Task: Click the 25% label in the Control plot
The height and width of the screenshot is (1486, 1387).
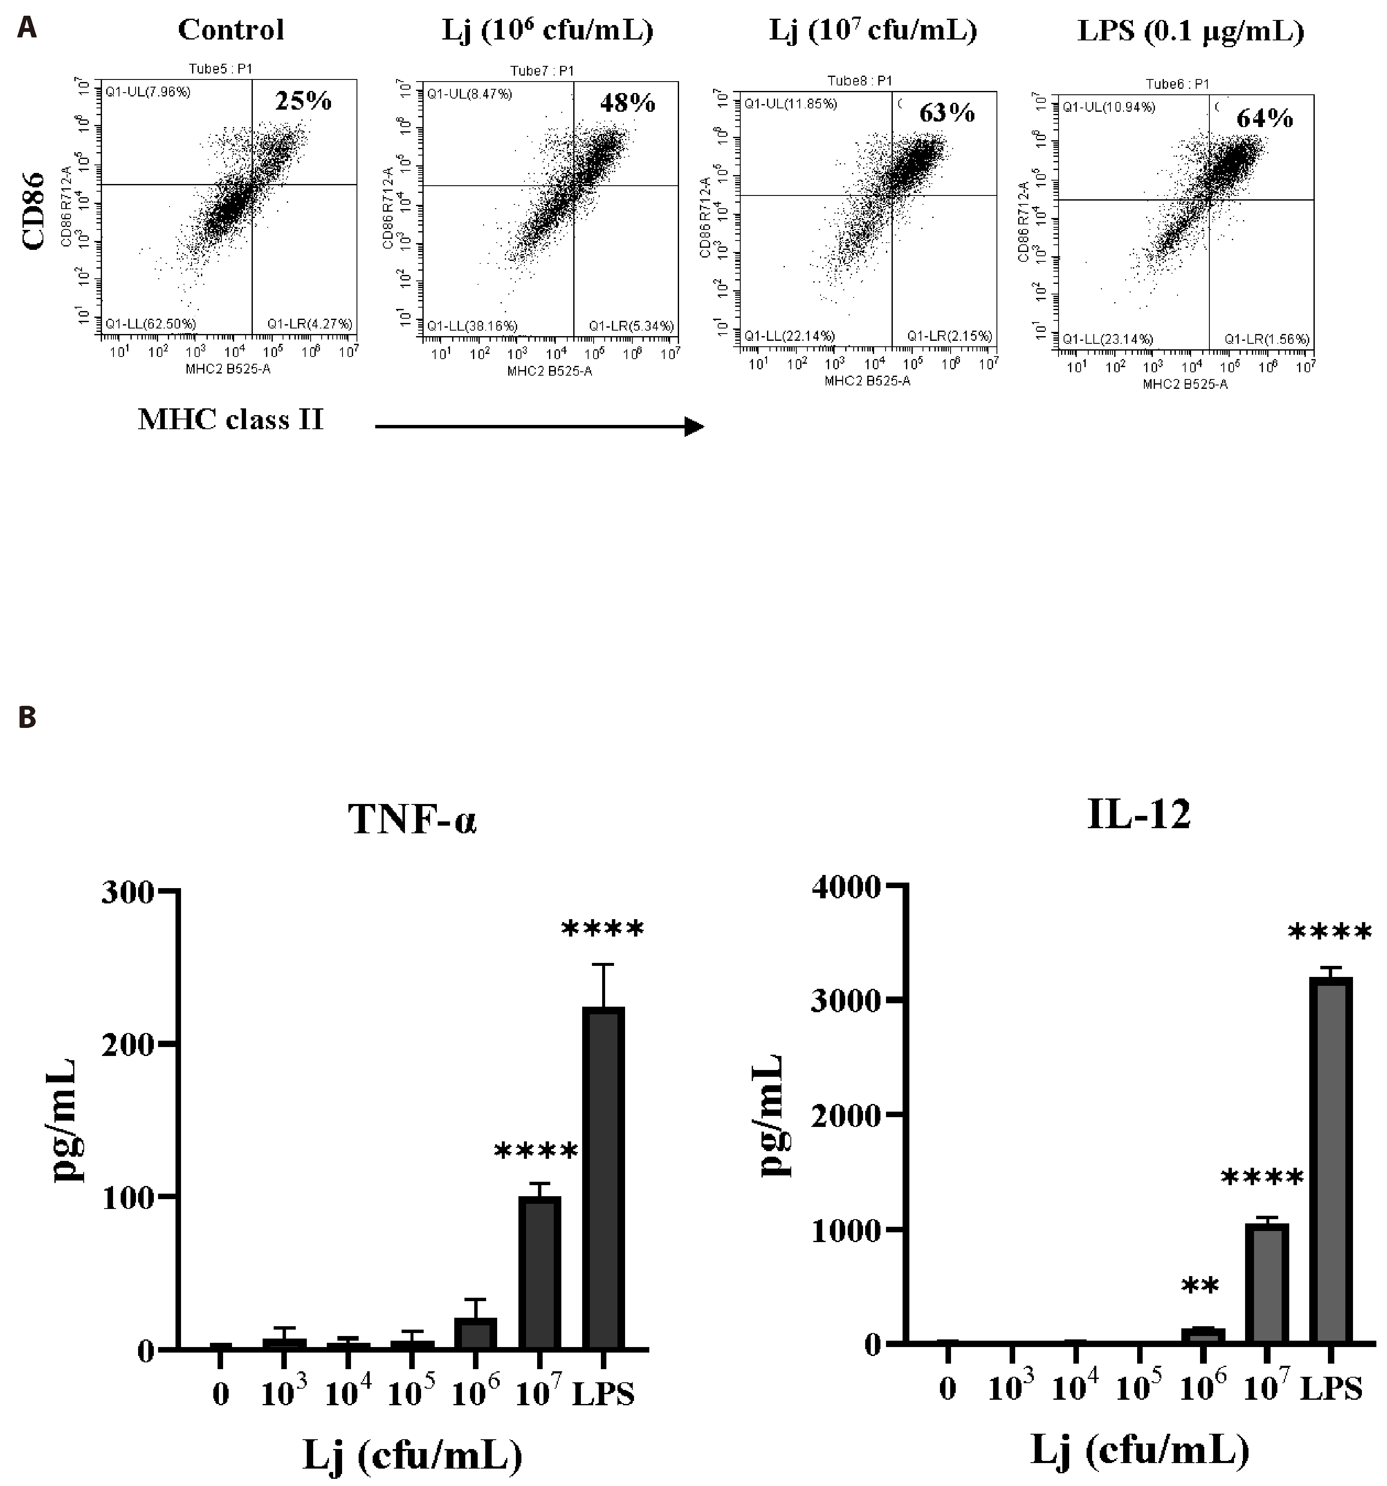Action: pos(303,101)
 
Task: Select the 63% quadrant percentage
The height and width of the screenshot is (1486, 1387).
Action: pos(947,113)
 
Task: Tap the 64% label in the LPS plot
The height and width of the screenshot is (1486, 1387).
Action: pos(1265,118)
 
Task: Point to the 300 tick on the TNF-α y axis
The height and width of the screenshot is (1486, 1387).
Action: pos(138,892)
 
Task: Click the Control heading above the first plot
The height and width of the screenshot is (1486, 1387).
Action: pos(231,30)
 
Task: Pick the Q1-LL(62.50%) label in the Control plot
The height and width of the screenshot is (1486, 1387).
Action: pos(150,324)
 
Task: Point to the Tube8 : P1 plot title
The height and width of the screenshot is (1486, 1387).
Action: pos(859,81)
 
